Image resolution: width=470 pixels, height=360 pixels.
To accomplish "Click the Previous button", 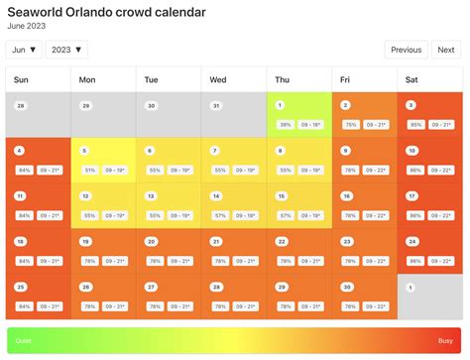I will coord(407,50).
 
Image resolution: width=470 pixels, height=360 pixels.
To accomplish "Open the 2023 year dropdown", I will coord(66,50).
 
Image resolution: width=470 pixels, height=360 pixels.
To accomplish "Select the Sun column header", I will coord(22,79).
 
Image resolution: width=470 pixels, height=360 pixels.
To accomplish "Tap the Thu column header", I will coord(283,79).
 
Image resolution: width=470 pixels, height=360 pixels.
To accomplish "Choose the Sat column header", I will coord(411,79).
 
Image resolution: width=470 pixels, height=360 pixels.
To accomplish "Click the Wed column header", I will coord(218,79).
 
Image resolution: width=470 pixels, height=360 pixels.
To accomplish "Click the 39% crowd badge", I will coord(285,125).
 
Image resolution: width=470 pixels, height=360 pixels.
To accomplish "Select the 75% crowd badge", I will coord(350,125).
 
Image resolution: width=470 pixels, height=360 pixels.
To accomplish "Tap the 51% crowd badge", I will coord(89,171).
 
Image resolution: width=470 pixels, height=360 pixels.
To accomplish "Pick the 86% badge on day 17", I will coord(414,215).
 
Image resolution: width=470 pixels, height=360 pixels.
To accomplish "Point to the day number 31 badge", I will coord(216,105).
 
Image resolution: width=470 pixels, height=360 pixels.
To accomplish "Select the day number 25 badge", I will coord(21,287).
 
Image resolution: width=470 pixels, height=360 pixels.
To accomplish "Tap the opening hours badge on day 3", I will coord(441,125).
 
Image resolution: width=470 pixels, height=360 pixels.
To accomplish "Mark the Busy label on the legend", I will coord(445,340).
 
